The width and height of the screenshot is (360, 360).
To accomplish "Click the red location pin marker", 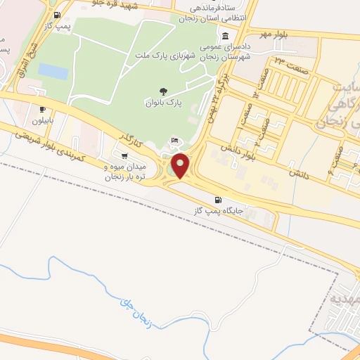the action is pyautogui.click(x=182, y=165).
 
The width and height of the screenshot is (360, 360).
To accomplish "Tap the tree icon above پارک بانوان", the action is pyautogui.click(x=164, y=91).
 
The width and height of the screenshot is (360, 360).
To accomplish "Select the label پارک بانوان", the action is pyautogui.click(x=164, y=103).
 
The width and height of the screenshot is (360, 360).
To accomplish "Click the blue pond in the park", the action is pyautogui.click(x=53, y=71).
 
